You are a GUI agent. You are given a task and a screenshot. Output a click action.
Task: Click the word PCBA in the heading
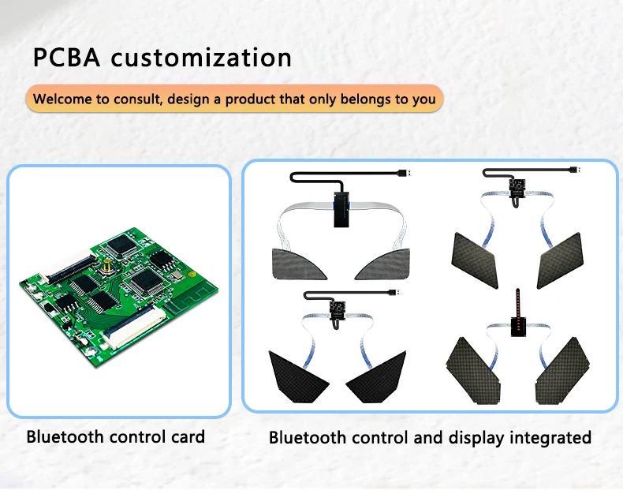click(66, 58)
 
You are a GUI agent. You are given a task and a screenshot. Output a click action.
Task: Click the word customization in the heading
click(200, 58)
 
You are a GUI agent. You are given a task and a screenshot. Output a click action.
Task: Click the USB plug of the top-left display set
click(405, 172)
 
